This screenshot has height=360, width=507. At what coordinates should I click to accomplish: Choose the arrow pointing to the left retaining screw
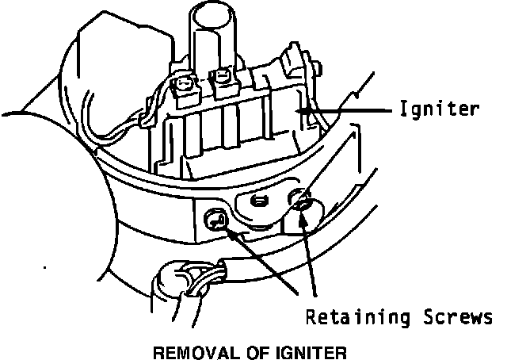click(261, 261)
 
